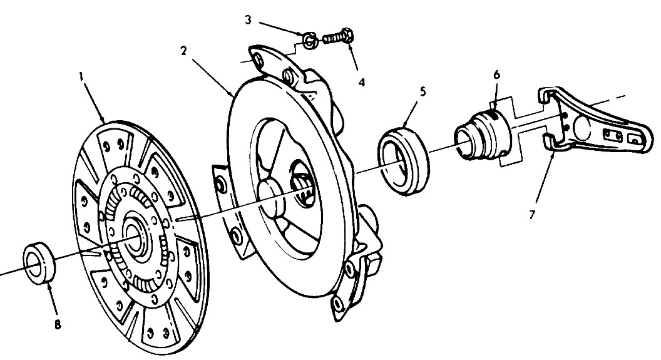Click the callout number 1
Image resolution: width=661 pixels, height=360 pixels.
point(81,76)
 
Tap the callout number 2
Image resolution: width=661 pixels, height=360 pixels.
point(183,51)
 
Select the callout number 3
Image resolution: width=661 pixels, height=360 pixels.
point(248,20)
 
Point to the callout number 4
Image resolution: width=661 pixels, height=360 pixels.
point(362,82)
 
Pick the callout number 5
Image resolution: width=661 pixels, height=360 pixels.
point(423,91)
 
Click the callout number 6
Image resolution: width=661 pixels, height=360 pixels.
point(496,75)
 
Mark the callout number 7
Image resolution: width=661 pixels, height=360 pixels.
point(532,215)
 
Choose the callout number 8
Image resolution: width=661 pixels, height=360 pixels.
point(58,324)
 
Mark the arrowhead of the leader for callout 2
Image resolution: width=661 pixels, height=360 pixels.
point(232,96)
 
